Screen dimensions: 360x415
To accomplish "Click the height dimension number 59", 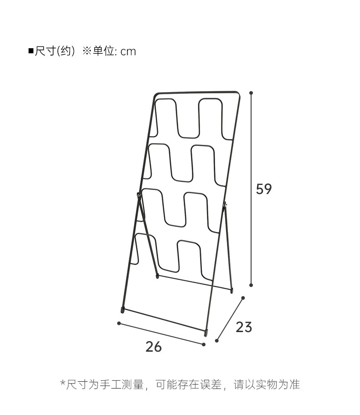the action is pos(263,189).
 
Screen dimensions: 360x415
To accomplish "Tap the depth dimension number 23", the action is pos(244,327).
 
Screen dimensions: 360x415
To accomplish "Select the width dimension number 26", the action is pos(154,347).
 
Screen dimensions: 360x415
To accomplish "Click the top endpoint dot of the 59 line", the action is pos(251,93).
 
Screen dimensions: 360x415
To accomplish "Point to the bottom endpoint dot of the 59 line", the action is pos(251,285).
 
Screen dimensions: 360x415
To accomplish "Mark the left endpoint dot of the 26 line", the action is pos(119,323).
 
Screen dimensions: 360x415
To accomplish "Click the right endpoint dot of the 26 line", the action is pos(204,344).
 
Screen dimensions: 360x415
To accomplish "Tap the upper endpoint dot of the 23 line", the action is pos(243,298).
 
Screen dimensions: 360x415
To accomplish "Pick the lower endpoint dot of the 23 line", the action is pos(217,340).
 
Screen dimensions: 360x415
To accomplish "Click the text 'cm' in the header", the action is pos(128,51).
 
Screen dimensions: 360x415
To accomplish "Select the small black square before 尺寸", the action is pos(31,51).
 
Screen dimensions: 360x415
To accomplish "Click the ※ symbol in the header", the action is pos(87,51).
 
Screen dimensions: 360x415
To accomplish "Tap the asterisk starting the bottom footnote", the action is pos(62,384).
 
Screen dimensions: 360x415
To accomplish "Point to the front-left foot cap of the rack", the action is pos(123,310).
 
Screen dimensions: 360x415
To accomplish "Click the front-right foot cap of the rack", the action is pos(206,333).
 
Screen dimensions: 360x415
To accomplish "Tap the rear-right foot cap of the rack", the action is pos(232,289).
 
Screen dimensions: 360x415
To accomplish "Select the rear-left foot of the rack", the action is pos(157,276).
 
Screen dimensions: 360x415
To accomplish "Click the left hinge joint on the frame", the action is pos(139,196).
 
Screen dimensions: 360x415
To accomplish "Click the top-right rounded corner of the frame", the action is pos(237,93).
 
